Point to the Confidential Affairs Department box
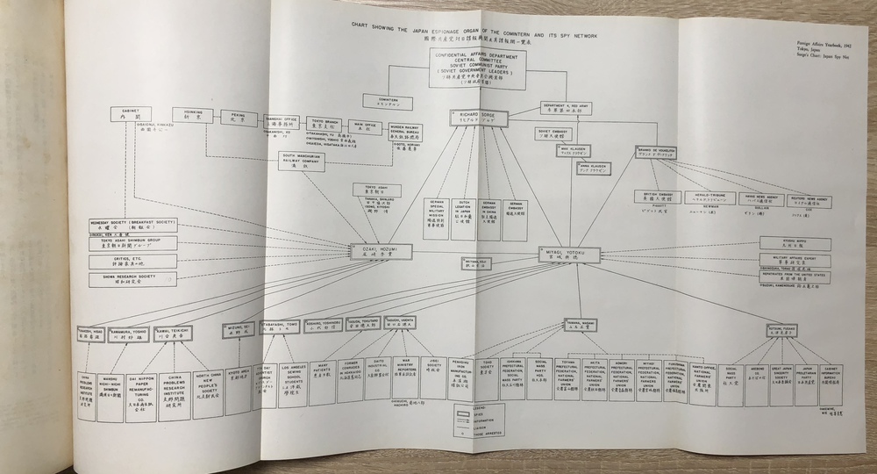(x=477, y=68)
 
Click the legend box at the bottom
(x=474, y=419)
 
